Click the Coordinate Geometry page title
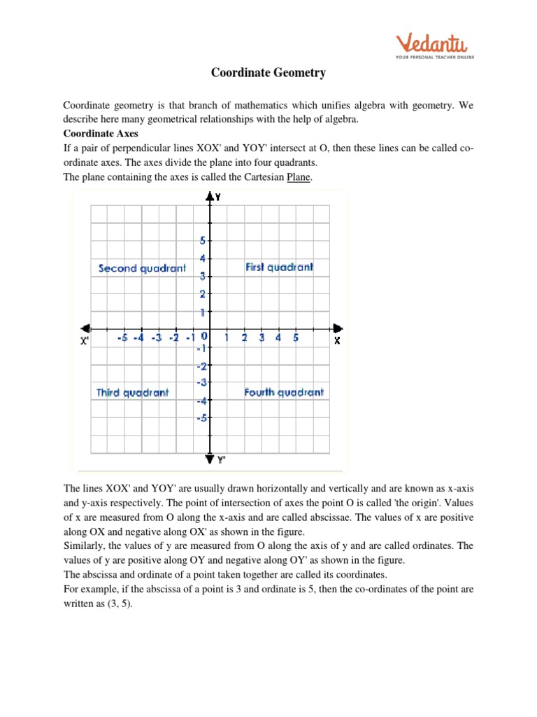[x=268, y=73]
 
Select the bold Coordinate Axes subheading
[x=101, y=133]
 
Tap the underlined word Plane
[x=299, y=177]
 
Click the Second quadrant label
[x=143, y=268]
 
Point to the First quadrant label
[x=279, y=267]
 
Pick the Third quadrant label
[x=133, y=393]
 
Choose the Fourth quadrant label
[x=284, y=392]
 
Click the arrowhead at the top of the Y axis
[x=210, y=197]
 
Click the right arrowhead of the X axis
[x=338, y=328]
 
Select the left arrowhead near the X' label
[x=85, y=328]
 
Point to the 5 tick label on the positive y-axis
[x=203, y=240]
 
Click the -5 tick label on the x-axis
[x=122, y=338]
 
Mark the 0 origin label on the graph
[x=204, y=337]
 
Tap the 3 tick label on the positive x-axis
[x=262, y=338]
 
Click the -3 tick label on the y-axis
[x=201, y=382]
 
